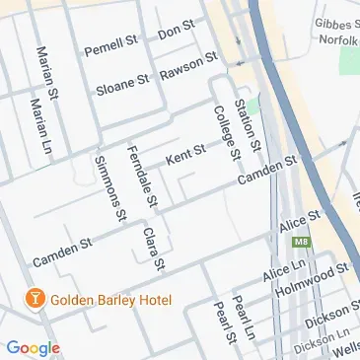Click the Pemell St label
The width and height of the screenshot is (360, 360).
pyautogui.click(x=109, y=45)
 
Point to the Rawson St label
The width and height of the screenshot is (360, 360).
pyautogui.click(x=188, y=65)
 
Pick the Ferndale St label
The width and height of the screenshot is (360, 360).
pyautogui.click(x=143, y=176)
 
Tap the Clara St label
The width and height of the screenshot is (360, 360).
pyautogui.click(x=152, y=249)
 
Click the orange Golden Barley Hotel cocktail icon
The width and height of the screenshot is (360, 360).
pyautogui.click(x=34, y=300)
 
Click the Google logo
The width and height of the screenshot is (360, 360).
pyautogui.click(x=33, y=347)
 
